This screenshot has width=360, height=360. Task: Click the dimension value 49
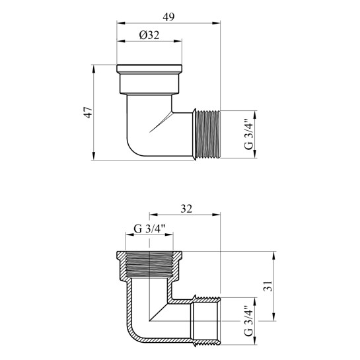tap(168, 17)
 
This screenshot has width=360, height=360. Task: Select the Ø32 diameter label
tap(149, 36)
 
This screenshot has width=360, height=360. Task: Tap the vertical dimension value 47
tap(89, 112)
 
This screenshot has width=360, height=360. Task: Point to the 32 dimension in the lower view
tap(186, 209)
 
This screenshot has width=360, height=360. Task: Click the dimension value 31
tap(268, 286)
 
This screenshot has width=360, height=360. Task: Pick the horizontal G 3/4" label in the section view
tap(149, 229)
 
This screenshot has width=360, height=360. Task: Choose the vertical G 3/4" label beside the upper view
tap(248, 134)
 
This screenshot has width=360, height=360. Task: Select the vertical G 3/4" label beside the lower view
tap(248, 321)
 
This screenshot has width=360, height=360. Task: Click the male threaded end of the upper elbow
tap(207, 134)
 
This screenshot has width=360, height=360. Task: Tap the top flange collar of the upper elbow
tap(149, 69)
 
